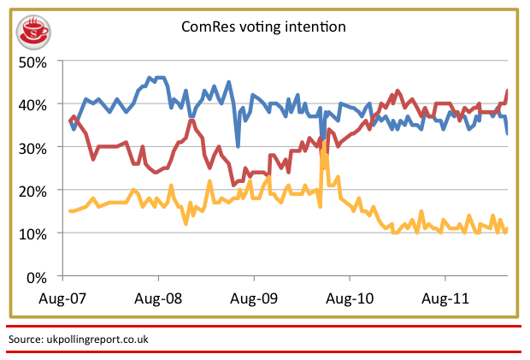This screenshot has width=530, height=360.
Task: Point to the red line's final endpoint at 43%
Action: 507,91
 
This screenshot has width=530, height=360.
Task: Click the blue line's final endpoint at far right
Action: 508,133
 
